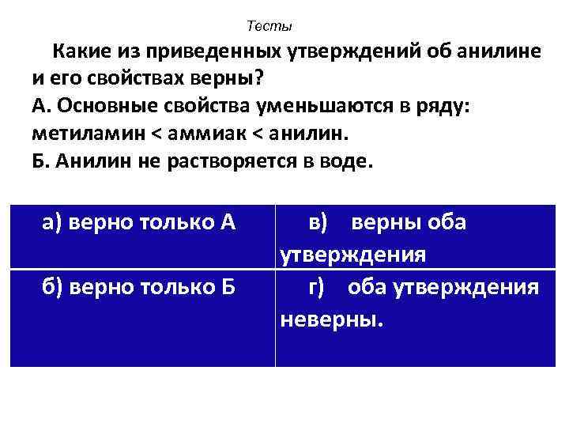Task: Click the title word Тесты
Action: click(x=269, y=27)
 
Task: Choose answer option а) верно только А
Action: click(x=138, y=222)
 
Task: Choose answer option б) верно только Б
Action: click(x=138, y=285)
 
